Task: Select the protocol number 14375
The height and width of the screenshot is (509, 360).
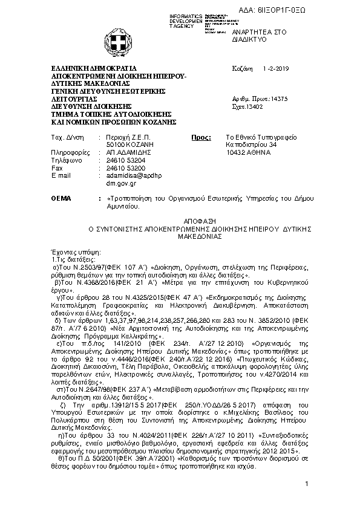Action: coord(278,98)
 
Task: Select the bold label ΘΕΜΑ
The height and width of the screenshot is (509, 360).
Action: coord(61,198)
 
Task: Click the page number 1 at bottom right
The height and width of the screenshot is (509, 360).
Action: coord(307,484)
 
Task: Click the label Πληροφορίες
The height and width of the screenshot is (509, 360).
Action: coord(70,153)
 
